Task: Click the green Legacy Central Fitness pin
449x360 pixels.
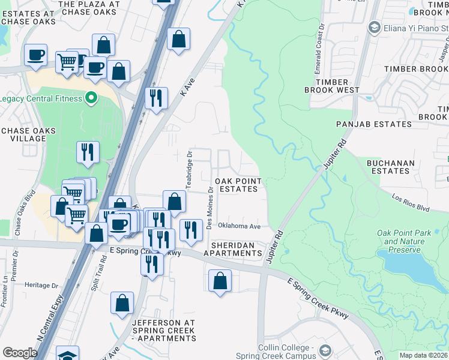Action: [x=91, y=97]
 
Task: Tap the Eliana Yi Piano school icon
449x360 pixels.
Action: [x=375, y=28]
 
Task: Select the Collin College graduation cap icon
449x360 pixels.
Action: [x=325, y=351]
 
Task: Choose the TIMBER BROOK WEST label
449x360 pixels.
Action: [x=332, y=86]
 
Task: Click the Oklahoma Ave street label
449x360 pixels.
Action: [x=239, y=226]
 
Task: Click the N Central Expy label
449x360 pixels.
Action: [x=50, y=322]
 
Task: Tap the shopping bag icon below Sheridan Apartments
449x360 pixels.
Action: [x=220, y=281]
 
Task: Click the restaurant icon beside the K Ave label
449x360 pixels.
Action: [x=156, y=98]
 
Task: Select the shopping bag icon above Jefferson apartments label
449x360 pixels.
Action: [x=122, y=304]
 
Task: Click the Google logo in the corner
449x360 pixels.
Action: [x=19, y=353]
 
